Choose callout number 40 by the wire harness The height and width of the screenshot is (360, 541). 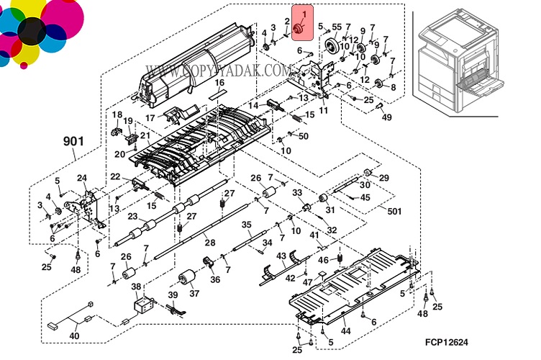coord(75,335)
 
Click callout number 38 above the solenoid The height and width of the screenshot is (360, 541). coord(135,286)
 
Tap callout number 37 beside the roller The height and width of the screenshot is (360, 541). coord(194,293)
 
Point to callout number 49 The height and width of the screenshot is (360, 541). coord(387,117)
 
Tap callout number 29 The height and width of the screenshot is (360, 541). coord(384,177)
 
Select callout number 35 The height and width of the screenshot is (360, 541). coord(246,225)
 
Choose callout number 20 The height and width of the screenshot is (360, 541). coord(119,153)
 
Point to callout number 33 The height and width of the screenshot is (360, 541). coord(296,192)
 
